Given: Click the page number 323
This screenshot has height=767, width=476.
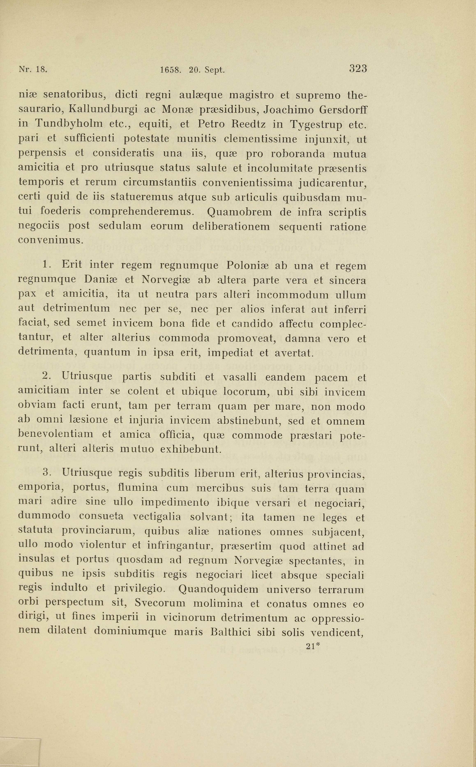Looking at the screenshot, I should tap(358, 69).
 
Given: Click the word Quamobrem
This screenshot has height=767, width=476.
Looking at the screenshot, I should tap(239, 212).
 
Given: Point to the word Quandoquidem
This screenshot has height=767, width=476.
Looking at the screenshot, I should tap(218, 589).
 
